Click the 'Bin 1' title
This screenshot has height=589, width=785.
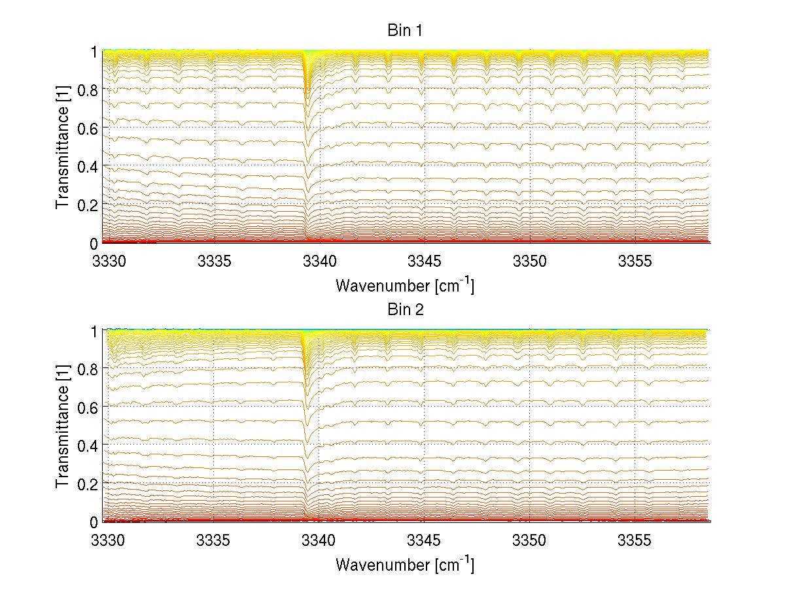click(406, 31)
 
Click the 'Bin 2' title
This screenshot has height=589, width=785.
click(406, 310)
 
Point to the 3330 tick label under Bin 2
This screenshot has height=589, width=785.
click(109, 542)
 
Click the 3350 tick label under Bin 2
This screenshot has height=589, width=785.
click(530, 542)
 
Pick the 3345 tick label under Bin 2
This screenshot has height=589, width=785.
click(425, 542)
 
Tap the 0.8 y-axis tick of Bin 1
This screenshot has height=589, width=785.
click(87, 90)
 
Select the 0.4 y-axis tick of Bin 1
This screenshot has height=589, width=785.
click(87, 166)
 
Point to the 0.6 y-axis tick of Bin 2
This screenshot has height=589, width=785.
click(87, 407)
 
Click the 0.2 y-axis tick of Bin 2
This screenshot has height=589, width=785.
click(87, 483)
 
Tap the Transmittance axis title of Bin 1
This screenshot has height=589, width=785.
click(63, 147)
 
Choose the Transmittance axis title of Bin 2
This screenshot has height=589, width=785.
click(63, 426)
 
